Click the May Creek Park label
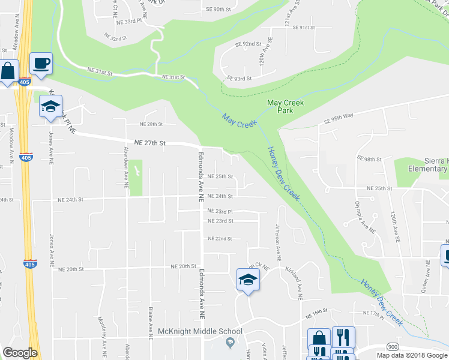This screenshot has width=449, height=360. click(285, 106)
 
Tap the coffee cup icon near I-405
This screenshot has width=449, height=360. click(41, 64)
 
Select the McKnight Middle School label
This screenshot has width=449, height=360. click(200, 331)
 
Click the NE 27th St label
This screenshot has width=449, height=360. click(149, 143)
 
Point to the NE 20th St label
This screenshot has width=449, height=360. click(184, 266)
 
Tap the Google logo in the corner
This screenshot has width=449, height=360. click(20, 353)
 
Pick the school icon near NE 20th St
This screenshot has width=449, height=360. click(247, 280)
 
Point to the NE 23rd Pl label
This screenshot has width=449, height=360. click(220, 211)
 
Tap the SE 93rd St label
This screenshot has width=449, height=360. click(239, 78)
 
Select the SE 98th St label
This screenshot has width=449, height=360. click(369, 158)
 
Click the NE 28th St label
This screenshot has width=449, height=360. click(151, 124)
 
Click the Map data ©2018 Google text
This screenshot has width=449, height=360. click(411, 355)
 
